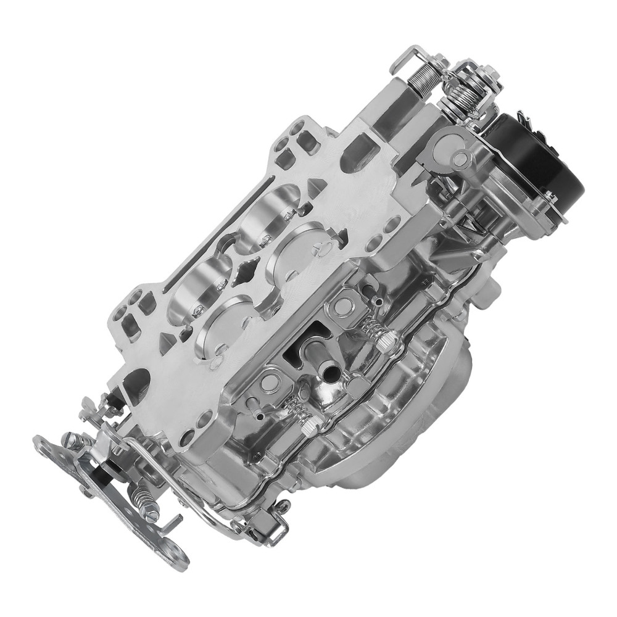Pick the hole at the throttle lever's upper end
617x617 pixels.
coord(42,442)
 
